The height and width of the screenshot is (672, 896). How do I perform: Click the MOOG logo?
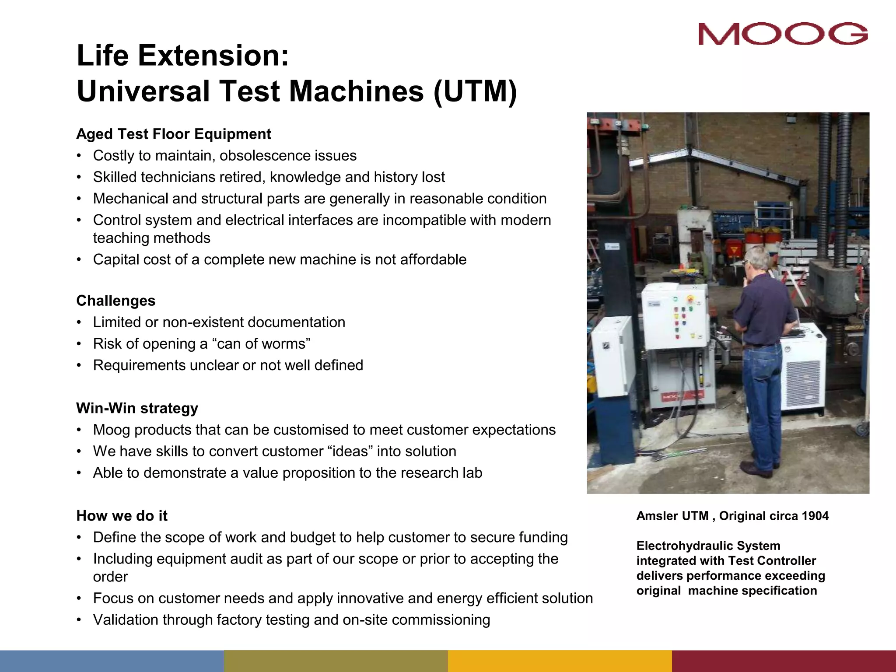click(783, 34)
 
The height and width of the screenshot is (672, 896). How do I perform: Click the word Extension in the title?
click(213, 56)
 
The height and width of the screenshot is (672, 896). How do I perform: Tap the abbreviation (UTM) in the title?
click(475, 91)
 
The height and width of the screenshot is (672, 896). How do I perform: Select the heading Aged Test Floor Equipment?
click(174, 134)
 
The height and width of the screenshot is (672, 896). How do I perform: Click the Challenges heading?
click(116, 301)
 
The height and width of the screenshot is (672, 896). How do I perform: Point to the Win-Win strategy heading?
click(137, 408)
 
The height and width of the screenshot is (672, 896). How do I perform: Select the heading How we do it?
click(122, 516)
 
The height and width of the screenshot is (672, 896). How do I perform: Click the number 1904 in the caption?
click(815, 516)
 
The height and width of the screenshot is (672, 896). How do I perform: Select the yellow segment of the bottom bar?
click(560, 661)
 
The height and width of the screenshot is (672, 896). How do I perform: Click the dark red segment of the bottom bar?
click(784, 661)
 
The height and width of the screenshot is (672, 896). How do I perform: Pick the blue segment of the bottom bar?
click(112, 661)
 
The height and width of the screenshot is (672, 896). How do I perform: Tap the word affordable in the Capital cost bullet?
click(433, 259)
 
